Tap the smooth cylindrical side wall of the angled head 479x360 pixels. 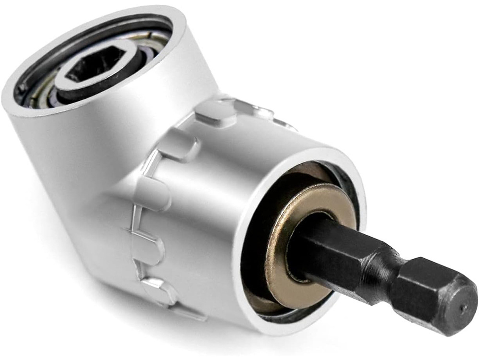click(x=72, y=144)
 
